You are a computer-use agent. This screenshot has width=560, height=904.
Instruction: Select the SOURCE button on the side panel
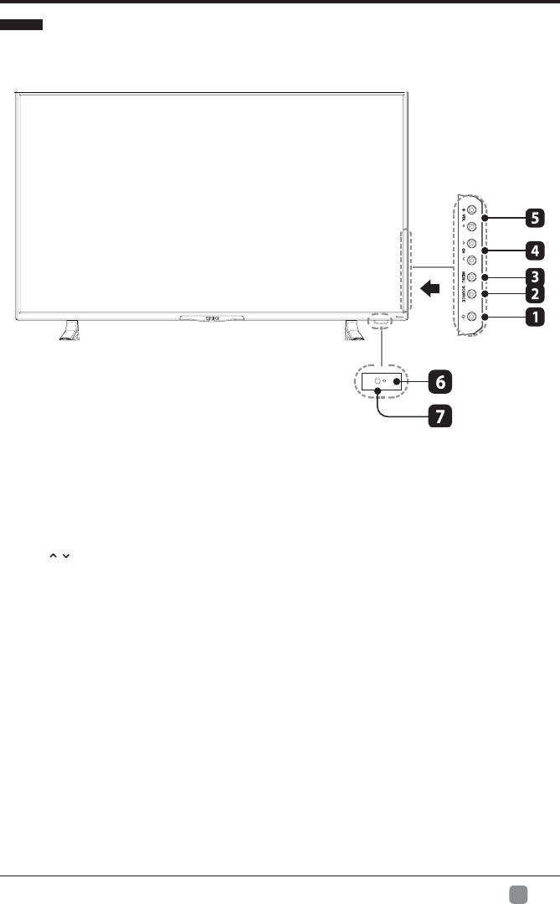[472, 294]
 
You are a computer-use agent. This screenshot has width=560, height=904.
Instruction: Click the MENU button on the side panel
[472, 277]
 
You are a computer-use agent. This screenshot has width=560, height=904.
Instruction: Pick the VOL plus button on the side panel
[472, 209]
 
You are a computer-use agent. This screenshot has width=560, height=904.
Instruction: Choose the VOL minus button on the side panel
[472, 226]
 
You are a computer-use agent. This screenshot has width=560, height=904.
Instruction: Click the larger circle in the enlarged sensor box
[378, 381]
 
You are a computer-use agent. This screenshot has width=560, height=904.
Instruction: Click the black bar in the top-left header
[22, 27]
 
